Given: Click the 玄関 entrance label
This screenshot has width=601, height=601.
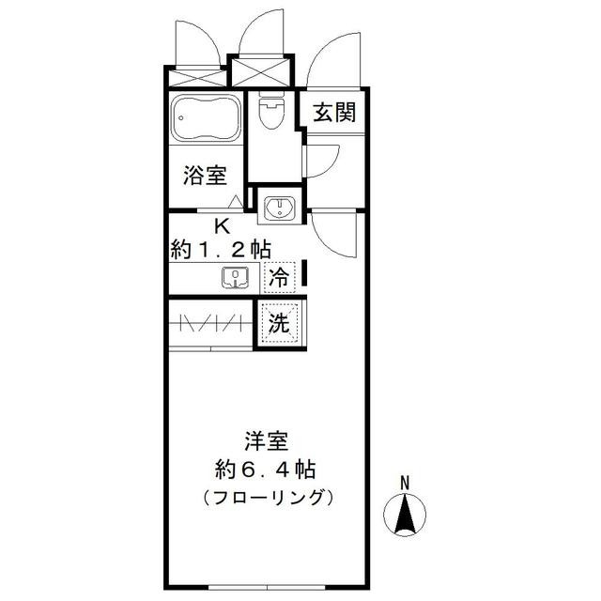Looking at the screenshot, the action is tap(334, 113).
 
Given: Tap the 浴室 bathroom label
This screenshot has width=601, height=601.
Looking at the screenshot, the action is tap(205, 176).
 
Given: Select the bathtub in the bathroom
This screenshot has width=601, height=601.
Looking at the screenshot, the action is tap(206, 118).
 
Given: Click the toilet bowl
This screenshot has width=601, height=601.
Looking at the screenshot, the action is tap(271, 111).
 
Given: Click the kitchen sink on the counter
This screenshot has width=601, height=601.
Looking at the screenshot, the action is tap(235, 278).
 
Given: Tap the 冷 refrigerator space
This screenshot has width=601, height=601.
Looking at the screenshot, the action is tap(280, 277).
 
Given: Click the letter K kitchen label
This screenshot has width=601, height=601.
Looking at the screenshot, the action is tap(222, 226).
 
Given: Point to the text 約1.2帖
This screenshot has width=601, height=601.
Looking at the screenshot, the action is tap(222, 250).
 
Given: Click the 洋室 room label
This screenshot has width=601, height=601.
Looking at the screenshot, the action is tap(267, 440).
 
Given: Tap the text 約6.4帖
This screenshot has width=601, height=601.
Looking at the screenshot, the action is tap(266, 470).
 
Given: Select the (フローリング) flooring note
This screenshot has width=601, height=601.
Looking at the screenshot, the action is tap(268, 498).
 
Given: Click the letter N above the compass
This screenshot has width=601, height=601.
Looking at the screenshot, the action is tap(405, 483).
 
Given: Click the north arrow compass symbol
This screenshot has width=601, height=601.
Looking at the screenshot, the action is tap(405, 515).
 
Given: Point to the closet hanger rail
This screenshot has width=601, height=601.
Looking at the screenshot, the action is tap(210, 323).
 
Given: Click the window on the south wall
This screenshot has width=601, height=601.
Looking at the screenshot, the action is tap(268, 587).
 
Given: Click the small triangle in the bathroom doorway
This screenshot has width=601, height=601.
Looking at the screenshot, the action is tap(236, 202).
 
